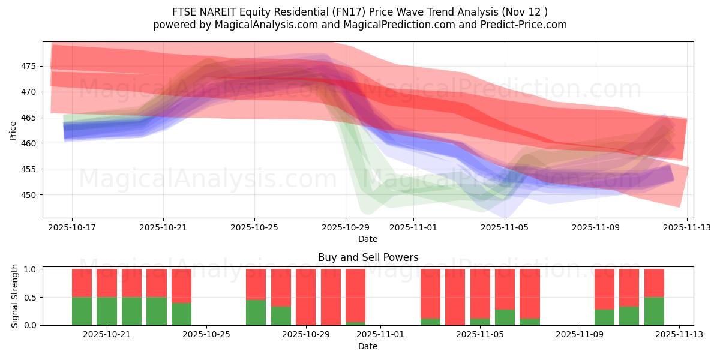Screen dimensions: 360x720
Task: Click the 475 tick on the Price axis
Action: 29,66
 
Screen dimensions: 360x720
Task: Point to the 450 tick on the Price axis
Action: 29,195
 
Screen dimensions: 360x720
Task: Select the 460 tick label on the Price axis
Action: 29,143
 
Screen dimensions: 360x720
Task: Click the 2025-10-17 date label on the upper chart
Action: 72,227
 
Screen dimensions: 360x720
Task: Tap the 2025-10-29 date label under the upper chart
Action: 345,227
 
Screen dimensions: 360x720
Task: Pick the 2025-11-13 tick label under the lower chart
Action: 679,335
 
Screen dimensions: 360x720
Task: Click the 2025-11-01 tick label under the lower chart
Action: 381,335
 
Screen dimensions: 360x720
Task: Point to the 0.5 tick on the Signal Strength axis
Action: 31,297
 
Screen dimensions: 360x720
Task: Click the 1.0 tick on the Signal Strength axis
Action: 31,269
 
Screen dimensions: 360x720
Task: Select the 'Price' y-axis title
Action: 13,130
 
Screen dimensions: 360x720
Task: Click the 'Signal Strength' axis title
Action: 16,296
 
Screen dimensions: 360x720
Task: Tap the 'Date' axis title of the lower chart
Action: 368,346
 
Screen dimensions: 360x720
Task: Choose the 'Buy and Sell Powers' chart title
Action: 368,257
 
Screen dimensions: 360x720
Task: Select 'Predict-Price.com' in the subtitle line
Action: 524,25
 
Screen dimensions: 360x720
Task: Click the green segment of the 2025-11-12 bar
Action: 654,311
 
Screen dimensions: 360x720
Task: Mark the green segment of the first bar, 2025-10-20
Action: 82,311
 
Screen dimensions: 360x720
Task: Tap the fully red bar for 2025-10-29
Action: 306,297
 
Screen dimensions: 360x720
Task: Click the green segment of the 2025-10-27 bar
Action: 256,313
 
